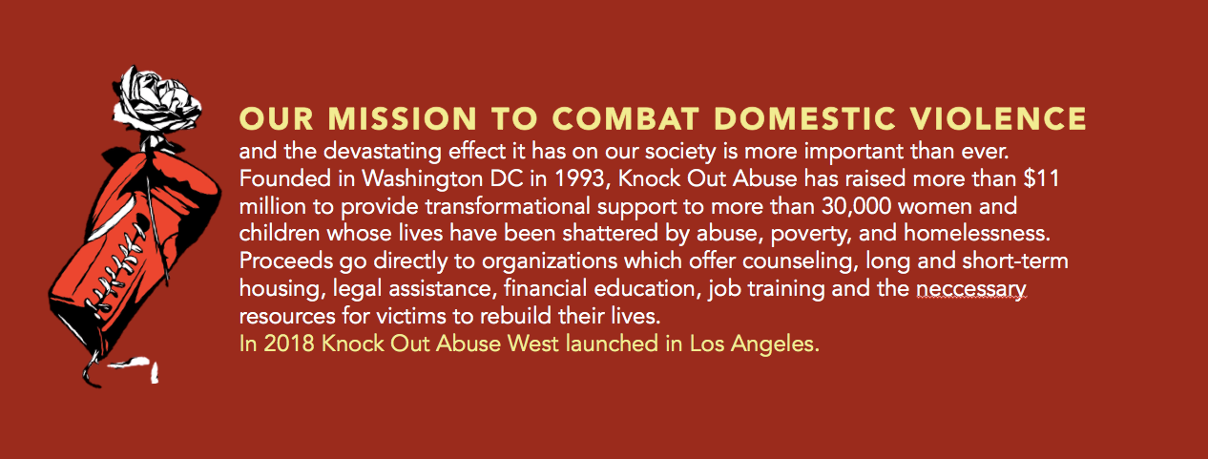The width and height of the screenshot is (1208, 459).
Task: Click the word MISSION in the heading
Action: pyautogui.click(x=403, y=118)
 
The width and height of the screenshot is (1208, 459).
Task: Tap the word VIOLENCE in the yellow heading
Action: pyautogui.click(x=999, y=118)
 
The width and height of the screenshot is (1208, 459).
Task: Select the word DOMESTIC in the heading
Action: pyautogui.click(x=805, y=118)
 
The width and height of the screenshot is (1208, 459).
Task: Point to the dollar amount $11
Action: pyautogui.click(x=1041, y=179)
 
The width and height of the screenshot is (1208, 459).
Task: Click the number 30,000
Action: pyautogui.click(x=857, y=206)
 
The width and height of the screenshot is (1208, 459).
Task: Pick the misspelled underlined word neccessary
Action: pyautogui.click(x=970, y=289)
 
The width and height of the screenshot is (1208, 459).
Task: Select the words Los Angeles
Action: pyautogui.click(x=755, y=344)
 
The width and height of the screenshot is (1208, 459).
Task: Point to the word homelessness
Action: pyautogui.click(x=977, y=234)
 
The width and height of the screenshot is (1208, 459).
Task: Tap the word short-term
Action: pyautogui.click(x=1015, y=261)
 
